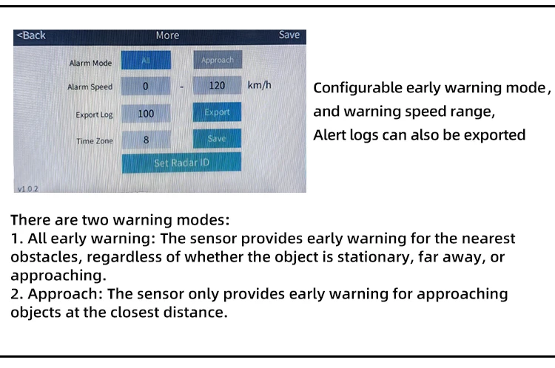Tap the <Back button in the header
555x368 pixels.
[x=31, y=35]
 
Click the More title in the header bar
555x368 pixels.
[x=167, y=35]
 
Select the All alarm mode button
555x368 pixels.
[x=146, y=60]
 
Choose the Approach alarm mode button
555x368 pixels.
[x=218, y=60]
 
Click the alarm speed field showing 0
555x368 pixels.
[x=146, y=86]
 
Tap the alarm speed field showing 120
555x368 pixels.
[x=217, y=85]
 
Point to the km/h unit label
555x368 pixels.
[x=260, y=85]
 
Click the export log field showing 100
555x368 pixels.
[x=146, y=114]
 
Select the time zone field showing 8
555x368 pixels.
[x=146, y=140]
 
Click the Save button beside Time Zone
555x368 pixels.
[x=217, y=138]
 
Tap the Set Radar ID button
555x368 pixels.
[x=181, y=163]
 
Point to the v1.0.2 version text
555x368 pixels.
[x=28, y=188]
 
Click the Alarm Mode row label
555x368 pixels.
[x=90, y=63]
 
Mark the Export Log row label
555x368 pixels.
[x=94, y=115]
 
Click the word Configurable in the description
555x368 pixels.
[x=357, y=88]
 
